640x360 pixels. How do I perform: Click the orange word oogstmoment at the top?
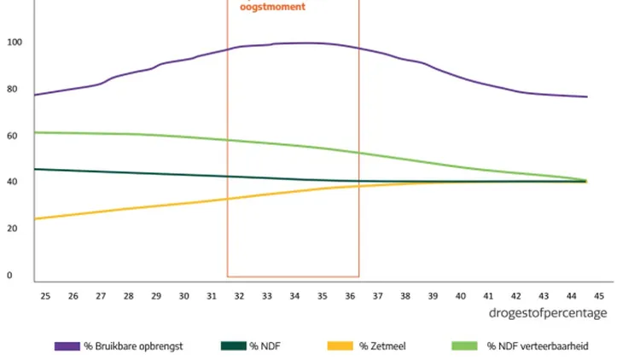[271, 6]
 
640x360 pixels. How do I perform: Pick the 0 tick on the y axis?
[9, 276]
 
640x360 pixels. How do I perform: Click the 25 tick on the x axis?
[45, 296]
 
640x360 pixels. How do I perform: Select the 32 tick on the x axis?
[239, 296]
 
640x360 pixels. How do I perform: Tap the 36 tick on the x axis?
[350, 296]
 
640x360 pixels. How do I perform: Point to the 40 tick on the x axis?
[461, 296]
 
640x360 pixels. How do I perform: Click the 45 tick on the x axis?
[599, 296]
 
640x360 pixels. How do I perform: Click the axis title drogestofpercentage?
[548, 313]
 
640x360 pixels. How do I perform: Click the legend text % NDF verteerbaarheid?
[538, 346]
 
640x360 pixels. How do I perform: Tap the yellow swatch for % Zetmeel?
[340, 346]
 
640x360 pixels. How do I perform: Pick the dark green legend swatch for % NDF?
[233, 346]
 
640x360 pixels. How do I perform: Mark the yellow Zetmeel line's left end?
[34, 219]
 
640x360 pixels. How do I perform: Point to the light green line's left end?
[34, 132]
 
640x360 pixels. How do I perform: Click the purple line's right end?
[587, 96]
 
